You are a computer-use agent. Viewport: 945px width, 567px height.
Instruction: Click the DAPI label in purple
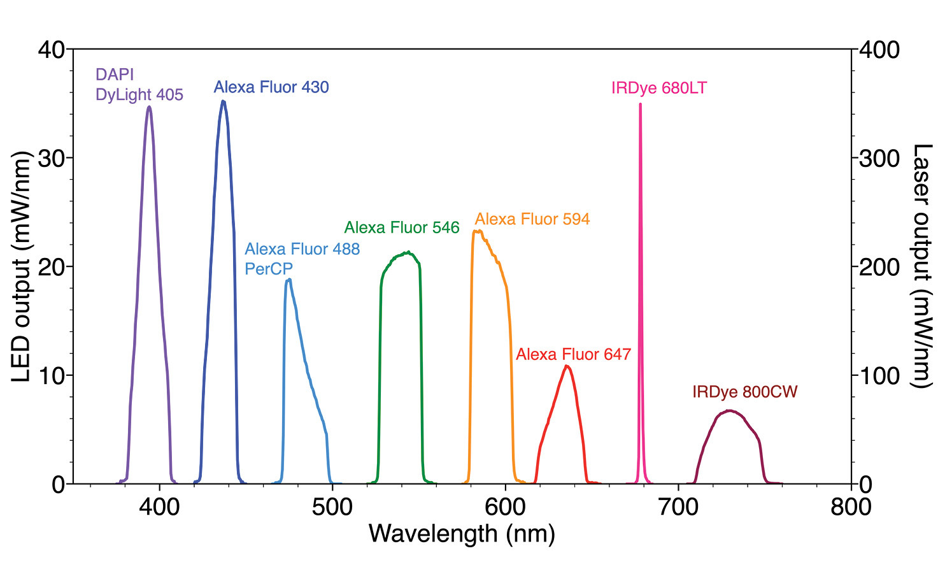click(x=115, y=75)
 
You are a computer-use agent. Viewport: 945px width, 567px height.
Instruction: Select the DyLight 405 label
click(x=139, y=95)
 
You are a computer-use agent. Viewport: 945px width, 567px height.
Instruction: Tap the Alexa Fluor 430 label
click(x=271, y=87)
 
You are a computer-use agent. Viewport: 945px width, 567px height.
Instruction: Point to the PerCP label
click(x=268, y=269)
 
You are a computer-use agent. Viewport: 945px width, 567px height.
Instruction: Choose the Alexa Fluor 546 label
click(x=402, y=227)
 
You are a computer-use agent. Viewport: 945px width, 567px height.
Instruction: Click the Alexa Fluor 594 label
click(x=532, y=219)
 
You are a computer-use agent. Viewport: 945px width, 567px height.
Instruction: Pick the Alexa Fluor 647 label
click(x=573, y=354)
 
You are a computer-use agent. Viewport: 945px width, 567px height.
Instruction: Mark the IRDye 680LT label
click(x=659, y=88)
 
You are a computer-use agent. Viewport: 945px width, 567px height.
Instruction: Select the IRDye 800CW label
click(x=744, y=392)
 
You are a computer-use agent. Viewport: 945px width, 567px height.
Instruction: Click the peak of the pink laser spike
click(x=640, y=104)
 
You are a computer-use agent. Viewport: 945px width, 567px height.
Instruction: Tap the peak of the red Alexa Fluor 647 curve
click(x=567, y=366)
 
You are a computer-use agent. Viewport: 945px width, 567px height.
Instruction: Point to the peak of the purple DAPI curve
click(x=149, y=106)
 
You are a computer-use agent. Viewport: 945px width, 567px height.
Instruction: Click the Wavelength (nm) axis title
click(x=462, y=534)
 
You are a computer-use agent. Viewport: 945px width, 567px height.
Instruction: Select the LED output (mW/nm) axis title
click(x=21, y=266)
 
